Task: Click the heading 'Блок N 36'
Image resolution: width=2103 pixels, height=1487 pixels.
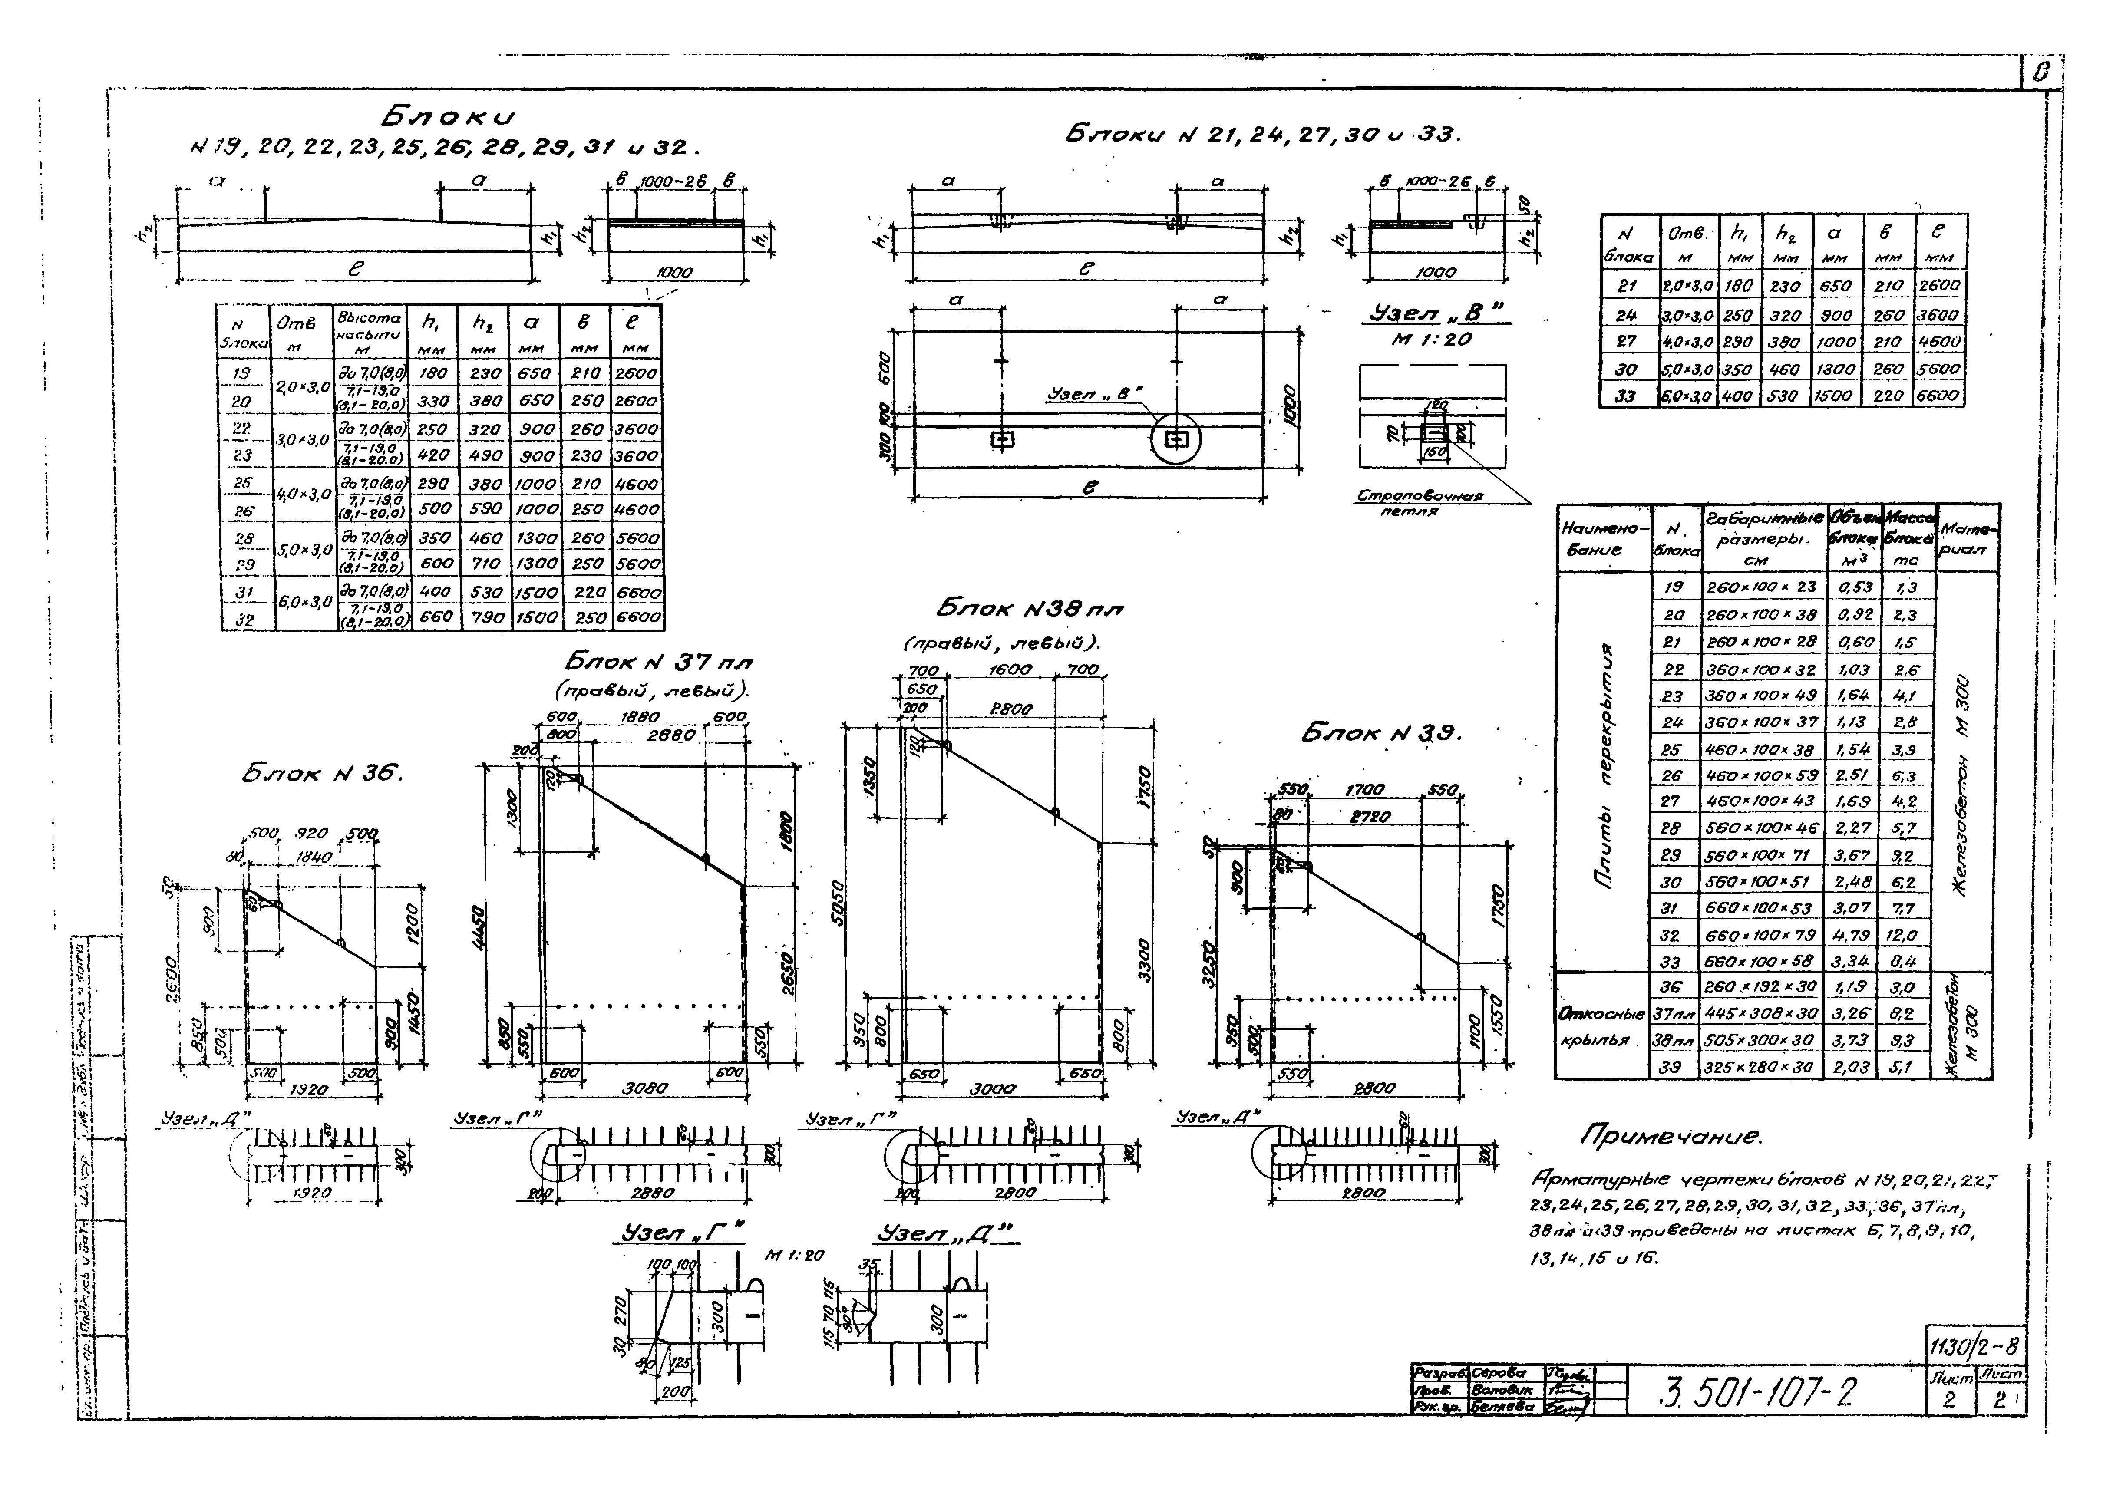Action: point(322,774)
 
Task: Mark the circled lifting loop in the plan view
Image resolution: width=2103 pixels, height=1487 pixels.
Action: point(1176,439)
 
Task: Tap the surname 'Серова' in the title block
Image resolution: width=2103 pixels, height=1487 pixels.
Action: point(1499,1372)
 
